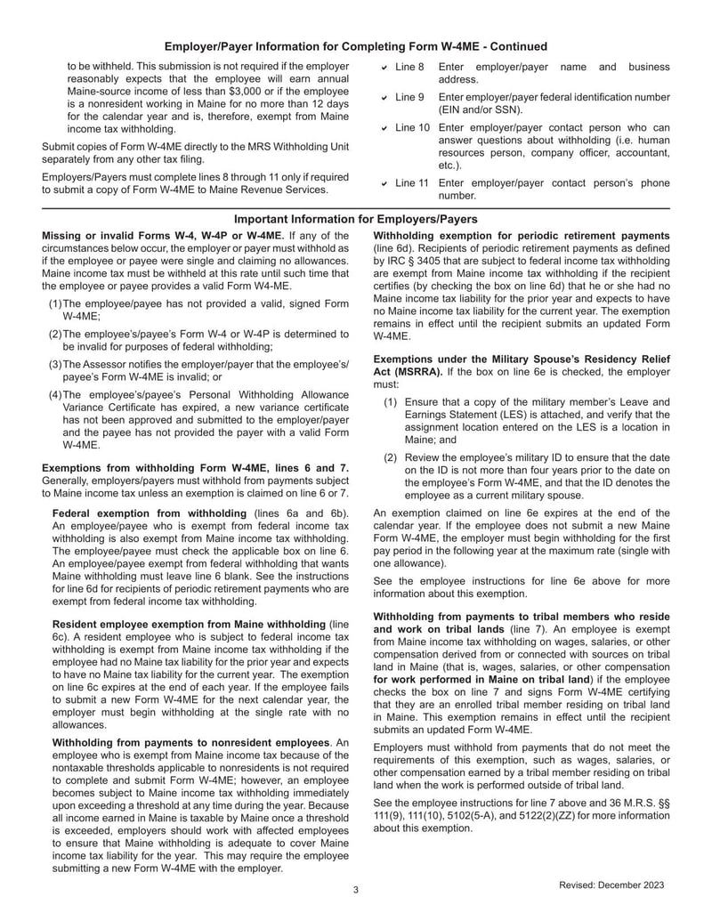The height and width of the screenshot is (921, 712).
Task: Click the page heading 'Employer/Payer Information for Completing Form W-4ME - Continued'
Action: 356,46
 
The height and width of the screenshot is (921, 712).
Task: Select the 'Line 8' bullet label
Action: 409,68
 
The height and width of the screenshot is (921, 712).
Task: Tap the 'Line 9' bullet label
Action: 409,97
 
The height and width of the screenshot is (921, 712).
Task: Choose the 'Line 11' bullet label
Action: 412,183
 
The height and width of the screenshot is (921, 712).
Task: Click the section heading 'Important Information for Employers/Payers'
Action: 355,219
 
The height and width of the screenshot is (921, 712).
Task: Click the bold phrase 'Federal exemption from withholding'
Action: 150,513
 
